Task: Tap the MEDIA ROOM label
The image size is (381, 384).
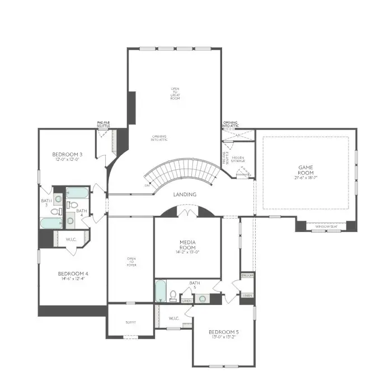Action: coord(187,245)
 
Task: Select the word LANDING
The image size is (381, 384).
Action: coord(185,195)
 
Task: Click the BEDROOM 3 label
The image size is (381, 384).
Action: coord(67,154)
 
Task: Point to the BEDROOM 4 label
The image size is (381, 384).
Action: coord(73,274)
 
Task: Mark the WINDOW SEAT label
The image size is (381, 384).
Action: coord(326,225)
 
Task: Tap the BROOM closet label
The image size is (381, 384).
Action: coord(247,276)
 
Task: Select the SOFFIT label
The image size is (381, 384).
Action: coord(130,322)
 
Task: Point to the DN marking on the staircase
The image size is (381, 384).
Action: coord(147,185)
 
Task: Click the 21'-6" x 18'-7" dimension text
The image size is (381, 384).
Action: coord(306,178)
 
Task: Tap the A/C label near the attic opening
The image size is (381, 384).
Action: coord(238,135)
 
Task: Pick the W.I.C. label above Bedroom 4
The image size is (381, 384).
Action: coord(70,239)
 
